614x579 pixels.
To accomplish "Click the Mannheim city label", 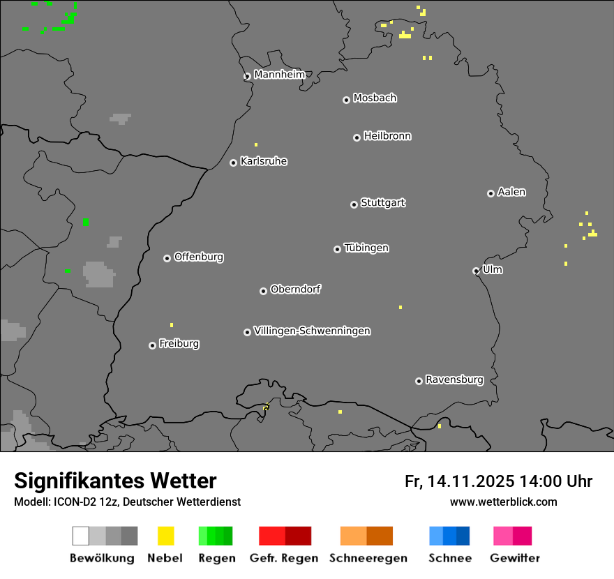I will coord(279,75).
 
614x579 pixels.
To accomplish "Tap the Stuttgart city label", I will coord(382,203).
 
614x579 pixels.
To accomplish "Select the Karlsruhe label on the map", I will coord(264,161).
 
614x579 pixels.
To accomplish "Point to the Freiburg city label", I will coord(179,343).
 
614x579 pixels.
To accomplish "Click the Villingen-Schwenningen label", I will coord(312,331).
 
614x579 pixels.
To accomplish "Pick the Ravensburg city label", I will coord(454,379).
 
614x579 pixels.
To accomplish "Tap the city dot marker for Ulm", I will coord(476,271).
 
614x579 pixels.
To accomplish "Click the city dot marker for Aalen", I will coord(491,193).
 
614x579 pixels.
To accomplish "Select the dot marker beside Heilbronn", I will coord(357,137).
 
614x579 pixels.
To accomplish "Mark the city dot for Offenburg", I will coord(167,258).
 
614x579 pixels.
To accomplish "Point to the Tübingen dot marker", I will coord(337,249).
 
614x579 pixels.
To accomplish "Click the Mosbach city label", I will coord(375,98).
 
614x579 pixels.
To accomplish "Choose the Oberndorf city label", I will coord(295,289).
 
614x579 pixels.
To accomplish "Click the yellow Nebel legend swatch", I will coord(165,536).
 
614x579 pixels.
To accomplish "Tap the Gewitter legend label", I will coord(515,558).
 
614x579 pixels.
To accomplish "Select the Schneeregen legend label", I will coord(368,558).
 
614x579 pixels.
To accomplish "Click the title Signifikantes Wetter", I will coord(115,481).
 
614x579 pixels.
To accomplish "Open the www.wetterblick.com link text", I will coord(503,502).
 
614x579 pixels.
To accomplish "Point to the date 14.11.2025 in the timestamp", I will coord(471,481).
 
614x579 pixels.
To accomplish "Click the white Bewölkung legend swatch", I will coord(80,536).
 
